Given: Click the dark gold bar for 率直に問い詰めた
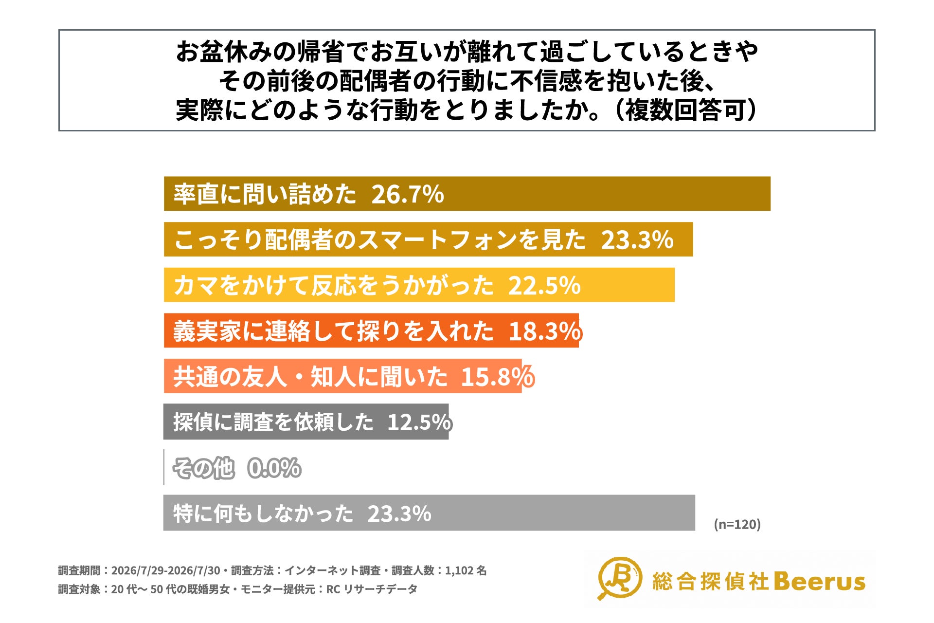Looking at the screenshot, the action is pyautogui.click(x=467, y=194).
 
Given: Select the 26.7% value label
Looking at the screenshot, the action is pyautogui.click(x=408, y=194).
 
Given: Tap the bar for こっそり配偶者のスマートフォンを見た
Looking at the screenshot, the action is pyautogui.click(x=428, y=239).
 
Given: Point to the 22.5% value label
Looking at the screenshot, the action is pyautogui.click(x=544, y=285).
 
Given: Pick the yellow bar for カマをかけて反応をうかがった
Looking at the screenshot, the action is pyautogui.click(x=419, y=285).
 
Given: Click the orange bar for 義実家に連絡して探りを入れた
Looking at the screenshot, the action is pyautogui.click(x=371, y=330).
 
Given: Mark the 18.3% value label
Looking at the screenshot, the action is pyautogui.click(x=545, y=331).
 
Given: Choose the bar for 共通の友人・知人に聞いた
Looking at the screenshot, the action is pyautogui.click(x=342, y=376).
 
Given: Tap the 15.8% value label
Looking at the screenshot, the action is pyautogui.click(x=498, y=377).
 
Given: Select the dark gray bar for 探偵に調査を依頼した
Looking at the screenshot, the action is pyautogui.click(x=306, y=421).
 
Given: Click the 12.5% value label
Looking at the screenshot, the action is pyautogui.click(x=419, y=422).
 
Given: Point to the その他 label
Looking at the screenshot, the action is pyautogui.click(x=204, y=468).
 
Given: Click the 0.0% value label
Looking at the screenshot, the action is pyautogui.click(x=274, y=468).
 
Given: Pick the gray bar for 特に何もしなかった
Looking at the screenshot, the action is pyautogui.click(x=429, y=513).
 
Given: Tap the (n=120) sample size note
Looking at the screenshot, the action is pyautogui.click(x=737, y=524).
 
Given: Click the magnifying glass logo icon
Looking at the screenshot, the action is pyautogui.click(x=619, y=578).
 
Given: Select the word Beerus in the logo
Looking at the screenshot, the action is pyautogui.click(x=819, y=581).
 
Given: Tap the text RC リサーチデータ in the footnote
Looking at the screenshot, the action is pyautogui.click(x=372, y=589).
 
